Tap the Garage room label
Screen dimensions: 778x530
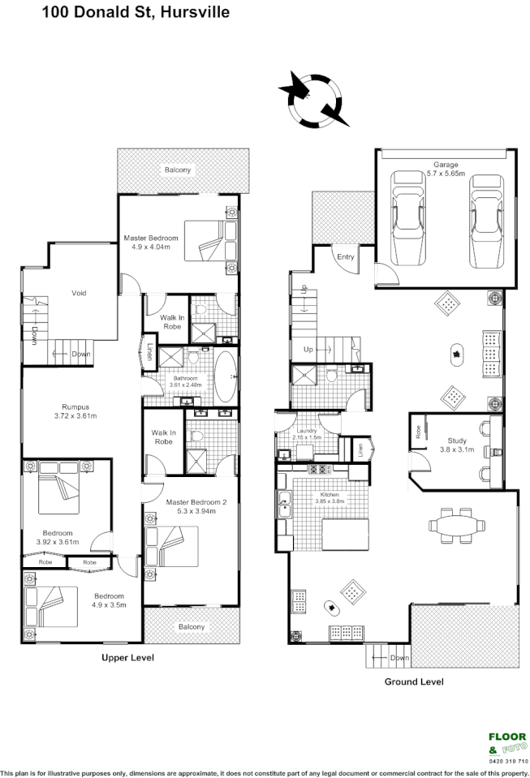pyautogui.click(x=445, y=165)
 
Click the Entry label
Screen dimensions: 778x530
pyautogui.click(x=346, y=257)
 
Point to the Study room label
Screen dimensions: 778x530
pyautogui.click(x=450, y=442)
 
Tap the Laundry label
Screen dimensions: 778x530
pyautogui.click(x=307, y=431)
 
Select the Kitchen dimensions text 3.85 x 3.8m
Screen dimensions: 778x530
pyautogui.click(x=330, y=501)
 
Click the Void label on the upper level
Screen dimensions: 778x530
pyautogui.click(x=79, y=293)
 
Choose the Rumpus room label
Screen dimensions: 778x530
pyautogui.click(x=75, y=407)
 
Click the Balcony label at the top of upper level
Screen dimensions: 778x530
pyautogui.click(x=178, y=170)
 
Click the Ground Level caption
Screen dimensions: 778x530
pyautogui.click(x=414, y=681)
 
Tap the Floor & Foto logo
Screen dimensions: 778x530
pyautogui.click(x=507, y=742)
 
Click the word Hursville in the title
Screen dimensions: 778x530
pyautogui.click(x=195, y=13)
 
